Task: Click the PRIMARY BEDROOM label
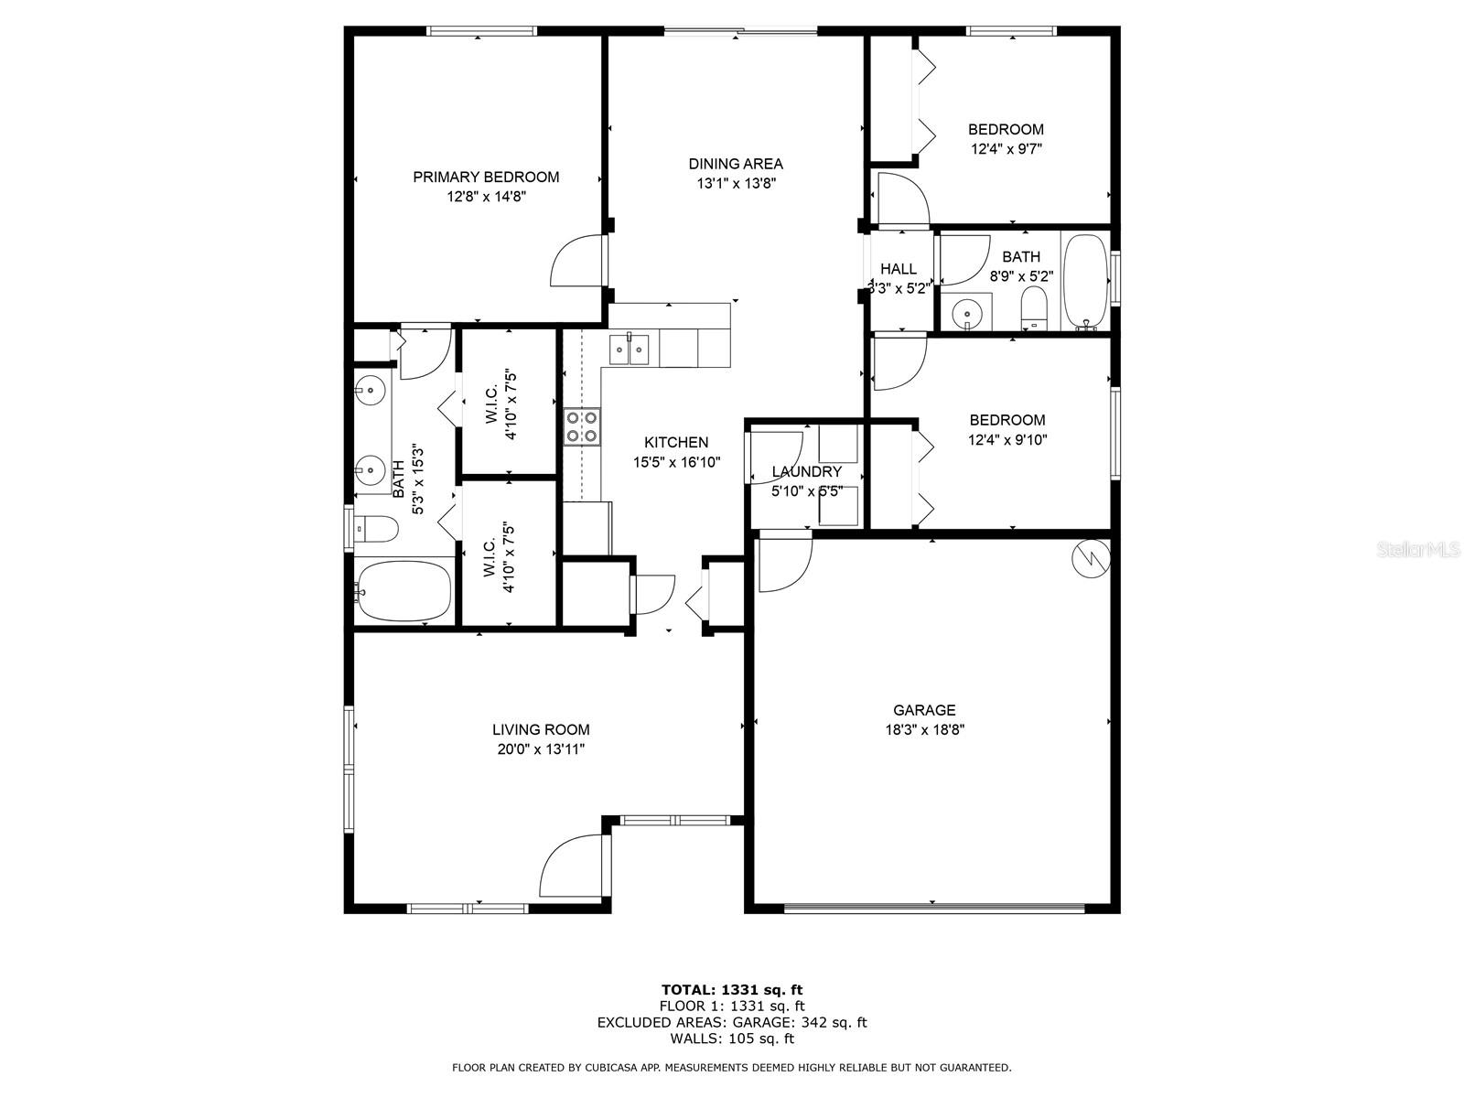(x=486, y=177)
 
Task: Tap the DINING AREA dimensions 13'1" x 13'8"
(x=736, y=183)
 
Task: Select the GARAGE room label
(x=924, y=710)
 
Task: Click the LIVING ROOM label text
(x=541, y=729)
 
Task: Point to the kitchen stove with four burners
(x=582, y=426)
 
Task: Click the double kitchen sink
(x=629, y=350)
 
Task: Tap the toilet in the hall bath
(x=1035, y=308)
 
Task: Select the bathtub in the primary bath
(x=404, y=591)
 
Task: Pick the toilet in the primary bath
(x=376, y=529)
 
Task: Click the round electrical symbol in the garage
(x=1091, y=559)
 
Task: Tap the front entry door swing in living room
(x=575, y=866)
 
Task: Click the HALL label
(x=899, y=269)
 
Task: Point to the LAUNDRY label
(x=807, y=472)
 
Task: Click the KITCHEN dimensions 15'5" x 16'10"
(x=676, y=462)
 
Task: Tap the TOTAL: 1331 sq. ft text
(x=732, y=990)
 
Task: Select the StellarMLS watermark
(x=1418, y=550)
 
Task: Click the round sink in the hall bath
(x=965, y=313)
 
